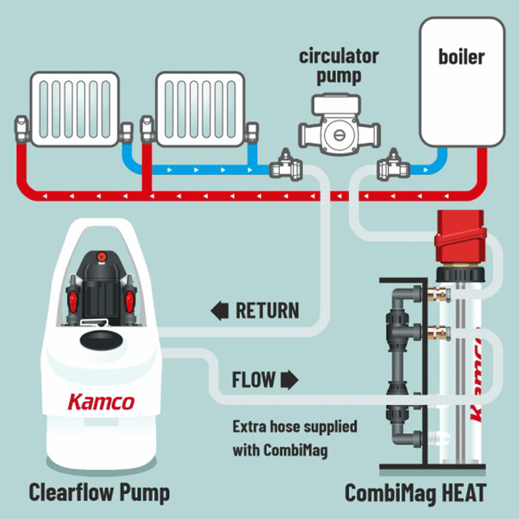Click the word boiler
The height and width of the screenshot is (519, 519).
[x=461, y=57]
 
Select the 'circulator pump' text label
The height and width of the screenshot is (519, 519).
[x=338, y=67]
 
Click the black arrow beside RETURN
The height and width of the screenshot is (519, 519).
[x=220, y=311]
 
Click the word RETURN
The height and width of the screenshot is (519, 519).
[x=267, y=311]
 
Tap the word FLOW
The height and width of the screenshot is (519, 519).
[x=253, y=380]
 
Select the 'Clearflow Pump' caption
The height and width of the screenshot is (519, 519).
[x=99, y=492]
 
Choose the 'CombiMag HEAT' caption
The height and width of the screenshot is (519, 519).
[x=416, y=493]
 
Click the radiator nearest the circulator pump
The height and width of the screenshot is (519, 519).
[x=200, y=109]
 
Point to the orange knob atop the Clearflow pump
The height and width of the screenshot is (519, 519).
[x=100, y=256]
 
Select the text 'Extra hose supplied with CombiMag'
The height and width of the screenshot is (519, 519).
[x=295, y=438]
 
